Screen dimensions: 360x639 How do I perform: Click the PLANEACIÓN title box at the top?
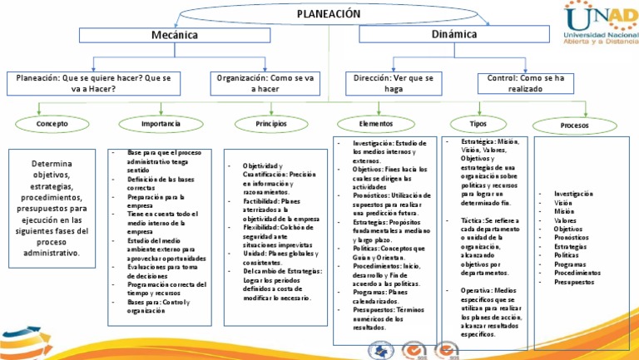click(329, 13)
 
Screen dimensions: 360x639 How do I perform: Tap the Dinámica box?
click(454, 34)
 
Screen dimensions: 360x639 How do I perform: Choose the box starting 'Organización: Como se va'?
click(265, 82)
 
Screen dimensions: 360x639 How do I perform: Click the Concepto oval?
click(52, 123)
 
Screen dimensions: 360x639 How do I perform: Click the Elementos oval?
click(375, 123)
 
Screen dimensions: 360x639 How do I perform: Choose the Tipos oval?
click(478, 123)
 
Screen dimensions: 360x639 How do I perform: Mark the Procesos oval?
click(574, 126)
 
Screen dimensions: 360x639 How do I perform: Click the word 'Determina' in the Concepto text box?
click(52, 164)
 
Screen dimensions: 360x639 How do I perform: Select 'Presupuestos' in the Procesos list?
click(573, 282)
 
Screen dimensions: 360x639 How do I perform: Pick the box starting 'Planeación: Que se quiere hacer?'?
click(94, 82)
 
